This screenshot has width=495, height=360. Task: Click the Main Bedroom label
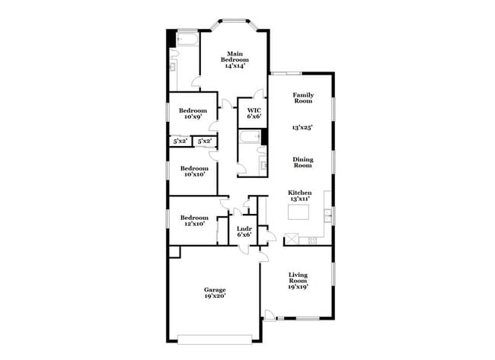(x=233, y=56)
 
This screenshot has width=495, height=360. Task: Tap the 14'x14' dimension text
(x=233, y=66)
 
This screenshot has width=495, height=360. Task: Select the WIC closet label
(x=253, y=110)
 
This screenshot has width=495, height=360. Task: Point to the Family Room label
(x=303, y=97)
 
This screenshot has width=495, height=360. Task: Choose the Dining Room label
(x=303, y=162)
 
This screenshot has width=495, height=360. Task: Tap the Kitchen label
(x=299, y=193)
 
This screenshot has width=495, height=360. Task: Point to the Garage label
(x=214, y=289)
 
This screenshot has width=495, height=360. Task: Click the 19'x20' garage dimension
(x=214, y=296)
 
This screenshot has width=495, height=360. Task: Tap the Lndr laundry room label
(x=244, y=228)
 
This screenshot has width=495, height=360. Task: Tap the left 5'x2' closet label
(x=180, y=141)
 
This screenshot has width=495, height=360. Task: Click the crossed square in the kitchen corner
(x=291, y=240)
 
